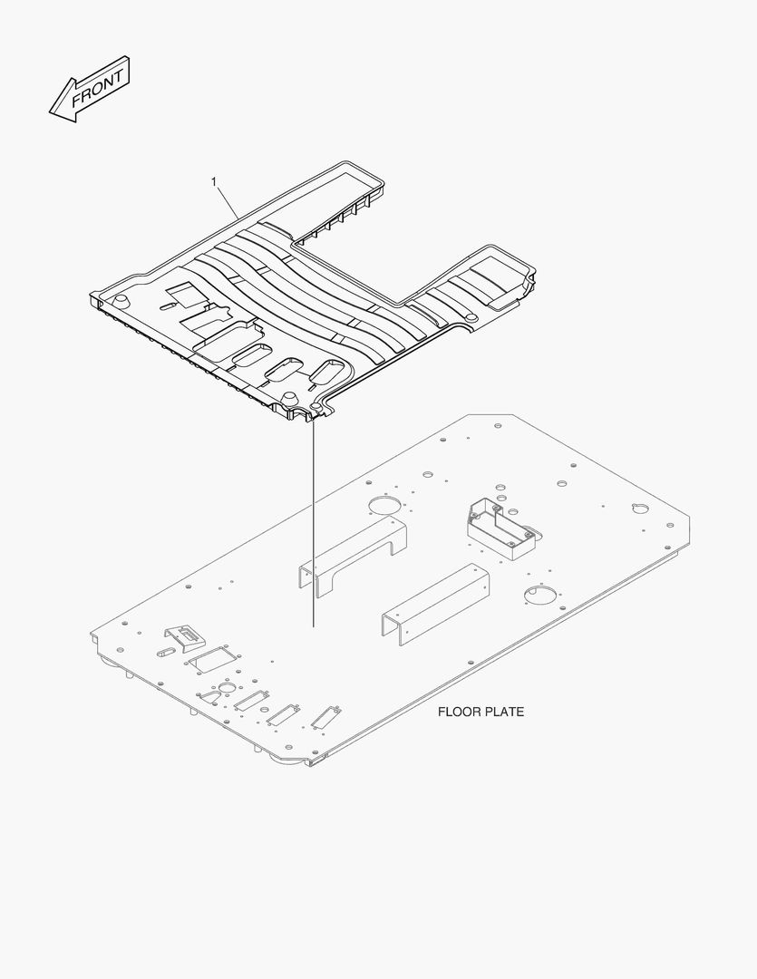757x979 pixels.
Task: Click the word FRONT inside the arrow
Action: coord(97,89)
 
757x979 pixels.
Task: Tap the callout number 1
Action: coord(214,181)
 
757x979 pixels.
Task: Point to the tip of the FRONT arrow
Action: coord(50,112)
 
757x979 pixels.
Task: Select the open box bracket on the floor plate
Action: coord(501,528)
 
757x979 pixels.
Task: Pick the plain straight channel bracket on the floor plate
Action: coord(435,604)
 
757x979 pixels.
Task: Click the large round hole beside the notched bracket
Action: coord(384,505)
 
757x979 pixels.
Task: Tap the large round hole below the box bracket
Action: coord(539,595)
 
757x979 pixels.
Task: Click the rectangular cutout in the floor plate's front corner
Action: coord(212,659)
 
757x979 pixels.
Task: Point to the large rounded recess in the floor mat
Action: coord(224,341)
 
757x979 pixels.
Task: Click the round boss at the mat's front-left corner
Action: coord(122,300)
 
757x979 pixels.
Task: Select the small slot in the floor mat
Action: coord(170,305)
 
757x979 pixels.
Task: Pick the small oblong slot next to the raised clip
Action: coord(168,653)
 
